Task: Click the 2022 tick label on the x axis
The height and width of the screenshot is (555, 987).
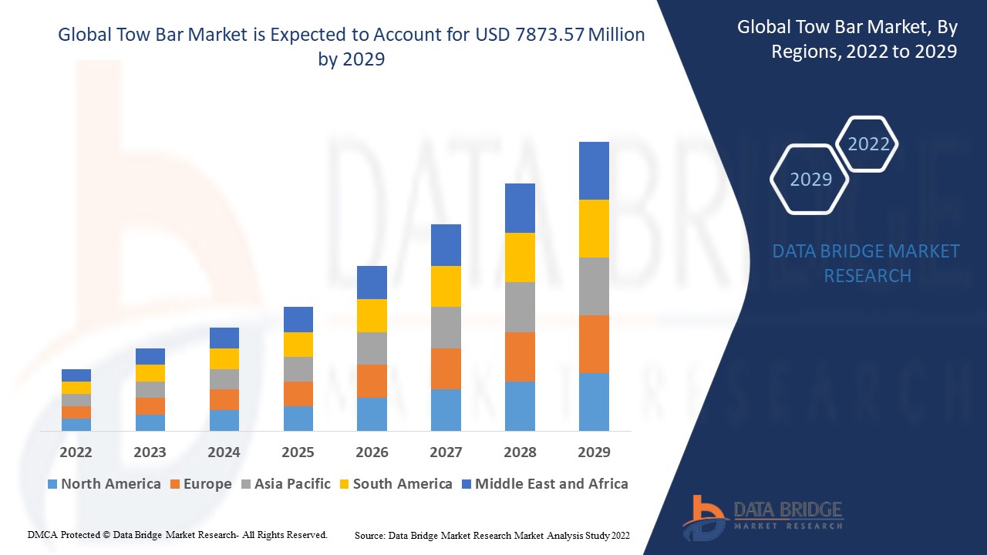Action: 76,452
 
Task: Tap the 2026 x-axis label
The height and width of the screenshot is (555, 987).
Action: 372,452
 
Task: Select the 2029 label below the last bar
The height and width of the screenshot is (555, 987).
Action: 594,452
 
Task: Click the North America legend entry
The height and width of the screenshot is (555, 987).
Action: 104,484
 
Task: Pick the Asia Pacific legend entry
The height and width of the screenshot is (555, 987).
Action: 285,484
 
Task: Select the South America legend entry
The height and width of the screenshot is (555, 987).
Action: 394,484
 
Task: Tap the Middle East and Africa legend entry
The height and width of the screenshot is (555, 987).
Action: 544,484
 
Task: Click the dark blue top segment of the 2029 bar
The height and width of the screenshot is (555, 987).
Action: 594,170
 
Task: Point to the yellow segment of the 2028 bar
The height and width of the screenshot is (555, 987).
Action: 520,257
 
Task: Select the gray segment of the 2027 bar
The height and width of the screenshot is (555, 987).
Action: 446,328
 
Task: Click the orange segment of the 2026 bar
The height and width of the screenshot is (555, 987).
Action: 372,381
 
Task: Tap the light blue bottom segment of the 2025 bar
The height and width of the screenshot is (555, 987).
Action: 298,418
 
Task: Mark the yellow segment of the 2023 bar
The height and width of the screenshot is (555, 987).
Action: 150,373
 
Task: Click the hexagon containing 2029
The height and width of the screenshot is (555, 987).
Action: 810,179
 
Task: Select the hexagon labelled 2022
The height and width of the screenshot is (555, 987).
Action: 868,144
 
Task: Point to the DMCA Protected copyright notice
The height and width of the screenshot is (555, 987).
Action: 177,534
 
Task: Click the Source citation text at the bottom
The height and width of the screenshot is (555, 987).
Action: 492,535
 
